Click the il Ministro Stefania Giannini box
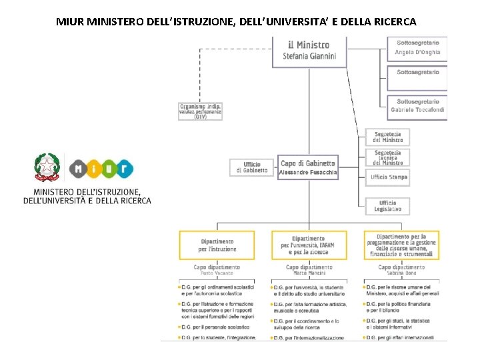coord(309,51)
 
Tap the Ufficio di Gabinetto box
coord(251,167)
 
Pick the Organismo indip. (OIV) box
coord(201,111)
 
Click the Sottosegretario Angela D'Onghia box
coord(417,48)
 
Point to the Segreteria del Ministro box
coord(387,137)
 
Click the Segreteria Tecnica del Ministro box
coord(387,157)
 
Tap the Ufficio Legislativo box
coord(387,206)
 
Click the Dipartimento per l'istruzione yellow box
coord(217,245)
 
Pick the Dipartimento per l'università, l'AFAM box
coord(309,245)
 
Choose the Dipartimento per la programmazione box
coord(401,245)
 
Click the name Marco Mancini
coord(309,273)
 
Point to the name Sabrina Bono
coord(401,273)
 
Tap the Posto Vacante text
coord(217,273)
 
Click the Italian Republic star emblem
coord(47,168)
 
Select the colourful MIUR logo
coord(101,170)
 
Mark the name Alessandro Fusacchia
coord(309,173)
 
